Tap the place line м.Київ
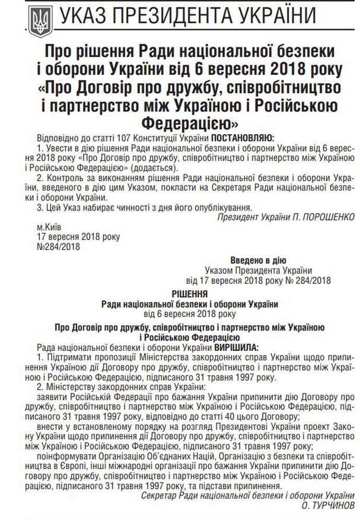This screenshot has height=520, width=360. pos(50,228)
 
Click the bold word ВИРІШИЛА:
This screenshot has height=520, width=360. pos(236,347)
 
